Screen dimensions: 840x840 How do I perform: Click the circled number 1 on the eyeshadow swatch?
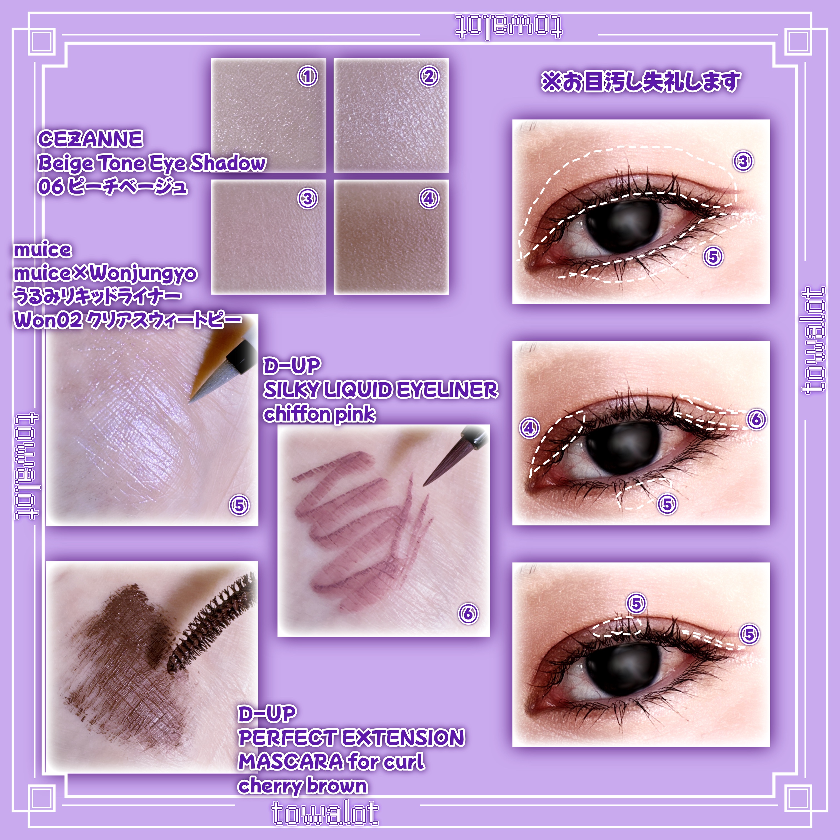pos(307,76)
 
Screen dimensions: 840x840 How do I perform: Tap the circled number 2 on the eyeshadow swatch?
pos(429,76)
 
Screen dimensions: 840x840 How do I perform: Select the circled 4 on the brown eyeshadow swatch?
pos(429,199)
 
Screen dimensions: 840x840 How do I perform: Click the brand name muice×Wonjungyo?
pos(105,274)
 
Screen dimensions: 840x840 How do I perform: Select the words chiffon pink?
pos(319,414)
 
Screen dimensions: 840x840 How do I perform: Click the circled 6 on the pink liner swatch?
pos(468,614)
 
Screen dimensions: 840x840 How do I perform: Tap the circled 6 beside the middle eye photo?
pos(756,419)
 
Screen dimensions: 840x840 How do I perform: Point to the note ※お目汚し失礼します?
pos(641,81)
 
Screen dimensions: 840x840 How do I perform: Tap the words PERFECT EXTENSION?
pos(351,738)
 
